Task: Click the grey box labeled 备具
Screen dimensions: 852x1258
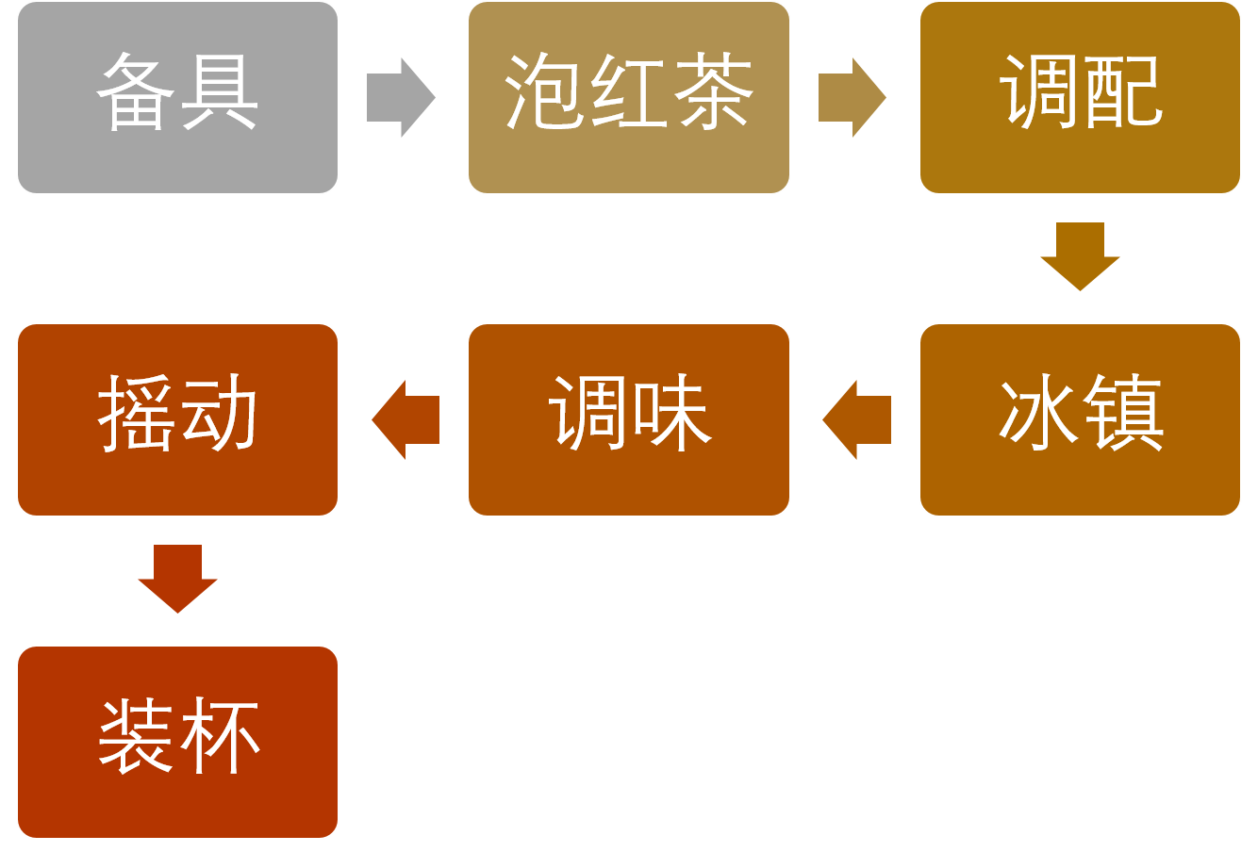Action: (177, 97)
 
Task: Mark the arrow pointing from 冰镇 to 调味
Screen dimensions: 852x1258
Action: (856, 419)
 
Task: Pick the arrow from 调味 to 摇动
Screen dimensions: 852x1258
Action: (406, 419)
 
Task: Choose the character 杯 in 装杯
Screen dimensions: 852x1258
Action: (220, 736)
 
